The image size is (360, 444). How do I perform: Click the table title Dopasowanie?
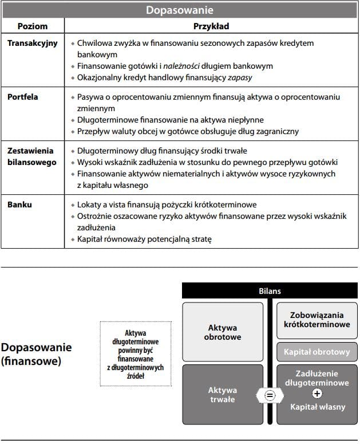(x=179, y=10)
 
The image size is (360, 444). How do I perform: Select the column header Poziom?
(x=33, y=26)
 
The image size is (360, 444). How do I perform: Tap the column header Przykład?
(x=211, y=26)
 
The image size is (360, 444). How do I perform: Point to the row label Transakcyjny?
(x=33, y=43)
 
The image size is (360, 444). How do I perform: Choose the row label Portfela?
(x=23, y=97)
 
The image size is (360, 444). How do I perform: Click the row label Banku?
(x=20, y=205)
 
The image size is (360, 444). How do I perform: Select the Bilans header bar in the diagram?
(x=270, y=291)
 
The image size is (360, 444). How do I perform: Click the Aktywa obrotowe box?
(x=223, y=332)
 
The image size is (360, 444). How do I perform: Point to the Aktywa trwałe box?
(x=223, y=395)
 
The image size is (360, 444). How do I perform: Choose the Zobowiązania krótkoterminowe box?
(x=317, y=320)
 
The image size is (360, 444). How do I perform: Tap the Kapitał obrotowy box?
(x=317, y=351)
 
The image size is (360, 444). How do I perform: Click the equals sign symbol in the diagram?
(x=270, y=395)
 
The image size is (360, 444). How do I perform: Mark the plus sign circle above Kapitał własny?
(x=317, y=394)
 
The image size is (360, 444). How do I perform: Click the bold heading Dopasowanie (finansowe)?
(x=36, y=355)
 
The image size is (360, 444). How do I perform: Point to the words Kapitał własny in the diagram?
(x=317, y=407)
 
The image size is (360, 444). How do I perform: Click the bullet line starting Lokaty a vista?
(x=167, y=205)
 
